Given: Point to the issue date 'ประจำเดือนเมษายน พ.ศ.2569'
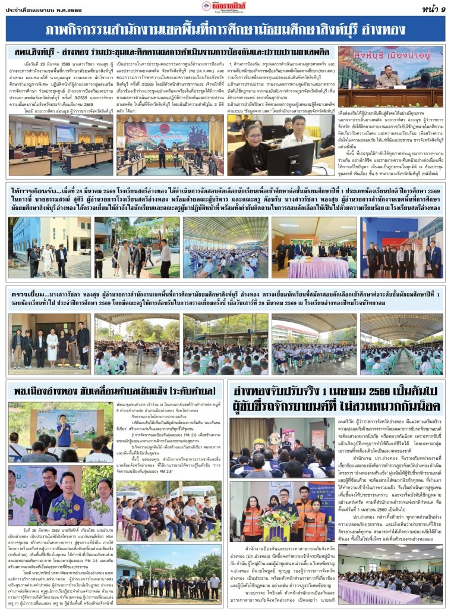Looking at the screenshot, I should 45,8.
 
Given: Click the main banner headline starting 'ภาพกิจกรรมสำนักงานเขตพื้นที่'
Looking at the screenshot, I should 226,29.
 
